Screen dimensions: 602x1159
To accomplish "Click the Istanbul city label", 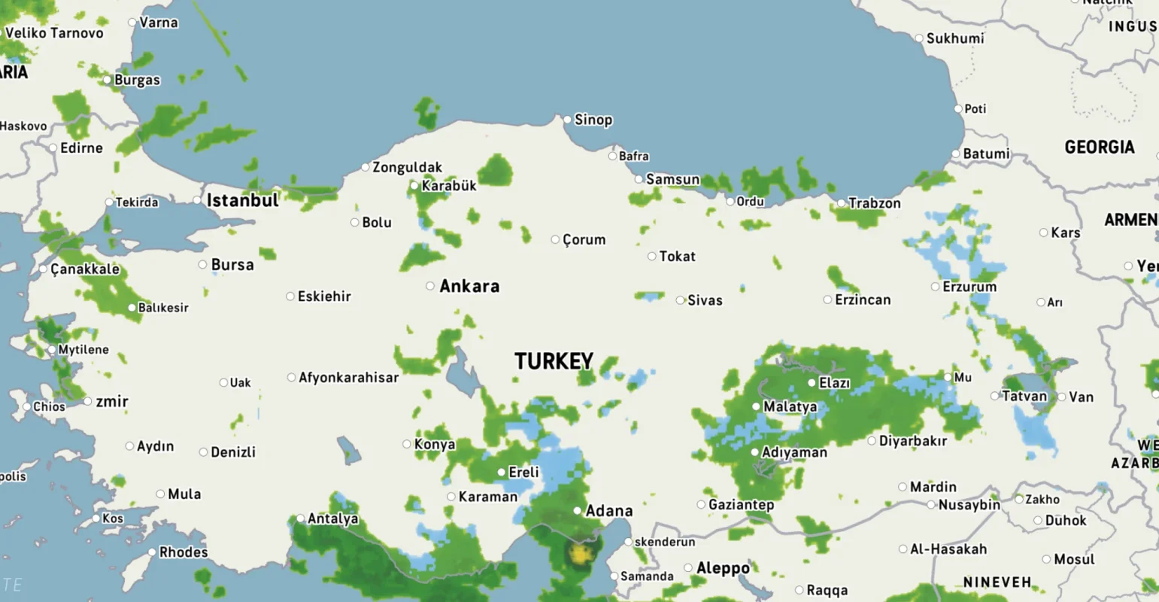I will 242,200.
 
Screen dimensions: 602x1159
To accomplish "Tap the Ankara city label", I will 469,286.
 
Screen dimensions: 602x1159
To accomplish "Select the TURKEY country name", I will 554,361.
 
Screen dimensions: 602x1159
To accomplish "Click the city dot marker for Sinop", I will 567,120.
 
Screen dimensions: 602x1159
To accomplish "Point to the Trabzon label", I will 874,203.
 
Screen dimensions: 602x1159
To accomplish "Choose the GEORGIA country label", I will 1099,147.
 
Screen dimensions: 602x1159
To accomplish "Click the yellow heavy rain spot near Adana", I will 580,555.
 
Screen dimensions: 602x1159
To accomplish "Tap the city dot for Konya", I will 407,444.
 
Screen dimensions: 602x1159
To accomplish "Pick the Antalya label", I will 332,518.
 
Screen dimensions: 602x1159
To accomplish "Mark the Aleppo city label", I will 723,568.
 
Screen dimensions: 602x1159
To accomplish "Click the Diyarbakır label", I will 912,441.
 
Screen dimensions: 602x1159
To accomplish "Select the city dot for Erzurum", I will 936,287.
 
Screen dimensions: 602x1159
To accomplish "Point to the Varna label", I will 159,23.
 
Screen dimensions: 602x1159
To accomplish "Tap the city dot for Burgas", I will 108,80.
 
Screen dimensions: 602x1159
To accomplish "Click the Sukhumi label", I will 954,38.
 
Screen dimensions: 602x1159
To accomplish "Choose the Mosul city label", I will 1073,559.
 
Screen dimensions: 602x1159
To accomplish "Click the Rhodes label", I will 183,552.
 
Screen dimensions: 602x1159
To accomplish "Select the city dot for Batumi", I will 956,154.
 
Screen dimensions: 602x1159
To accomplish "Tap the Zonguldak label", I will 407,167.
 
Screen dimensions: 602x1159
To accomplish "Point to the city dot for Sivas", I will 680,300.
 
